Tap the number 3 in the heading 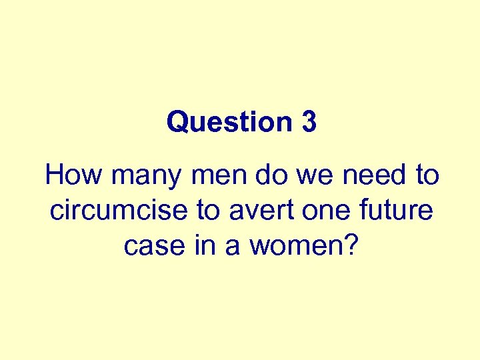tap(308, 122)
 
